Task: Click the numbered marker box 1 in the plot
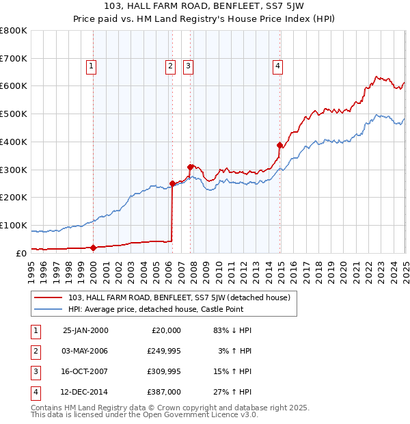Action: tap(91, 66)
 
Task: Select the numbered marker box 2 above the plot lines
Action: tap(169, 66)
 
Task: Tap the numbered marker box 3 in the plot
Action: tap(187, 66)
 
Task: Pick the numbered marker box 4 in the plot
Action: tap(278, 66)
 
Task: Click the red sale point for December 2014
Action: tap(279, 145)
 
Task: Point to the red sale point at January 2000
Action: tap(94, 248)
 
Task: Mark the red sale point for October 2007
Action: tap(190, 166)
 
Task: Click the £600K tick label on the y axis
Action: tap(13, 86)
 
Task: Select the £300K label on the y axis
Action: tap(13, 170)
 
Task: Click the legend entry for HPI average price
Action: tap(156, 309)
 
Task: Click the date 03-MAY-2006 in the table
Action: tap(85, 351)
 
